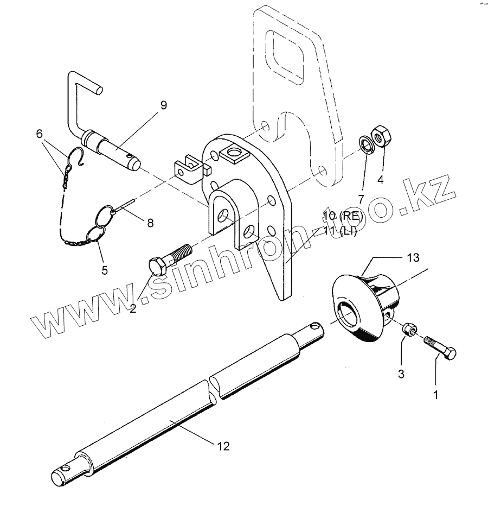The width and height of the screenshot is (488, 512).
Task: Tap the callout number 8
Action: tap(150, 222)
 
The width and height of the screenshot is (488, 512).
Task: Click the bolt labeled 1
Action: tap(441, 347)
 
